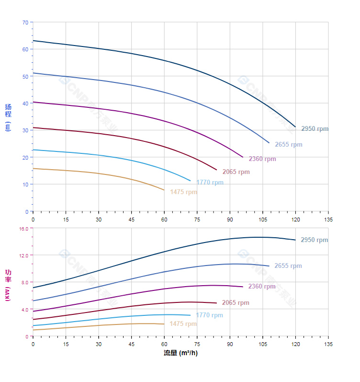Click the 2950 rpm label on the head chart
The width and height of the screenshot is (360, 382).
[315, 129]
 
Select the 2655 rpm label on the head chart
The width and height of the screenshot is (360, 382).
[288, 145]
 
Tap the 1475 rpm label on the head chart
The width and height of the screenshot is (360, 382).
[183, 192]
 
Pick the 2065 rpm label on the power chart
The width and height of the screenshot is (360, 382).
[236, 303]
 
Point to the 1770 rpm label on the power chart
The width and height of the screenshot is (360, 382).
[209, 315]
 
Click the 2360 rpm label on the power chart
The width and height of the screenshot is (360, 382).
[262, 287]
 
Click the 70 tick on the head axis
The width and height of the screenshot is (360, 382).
[25, 22]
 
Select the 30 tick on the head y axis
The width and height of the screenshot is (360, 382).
[25, 130]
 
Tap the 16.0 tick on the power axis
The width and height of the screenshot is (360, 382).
[24, 229]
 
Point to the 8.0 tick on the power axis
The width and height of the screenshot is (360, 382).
[25, 282]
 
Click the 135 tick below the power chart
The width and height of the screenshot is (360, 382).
[328, 344]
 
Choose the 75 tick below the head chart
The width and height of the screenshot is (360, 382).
[197, 219]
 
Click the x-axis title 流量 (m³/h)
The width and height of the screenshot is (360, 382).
[180, 353]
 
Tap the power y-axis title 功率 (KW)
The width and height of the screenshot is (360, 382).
[8, 285]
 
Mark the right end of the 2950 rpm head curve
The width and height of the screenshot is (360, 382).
[296, 127]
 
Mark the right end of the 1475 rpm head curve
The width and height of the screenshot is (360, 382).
[164, 190]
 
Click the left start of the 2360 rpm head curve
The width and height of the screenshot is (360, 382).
[33, 102]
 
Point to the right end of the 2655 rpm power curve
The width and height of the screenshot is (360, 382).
[269, 266]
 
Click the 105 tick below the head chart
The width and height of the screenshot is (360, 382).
[263, 219]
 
